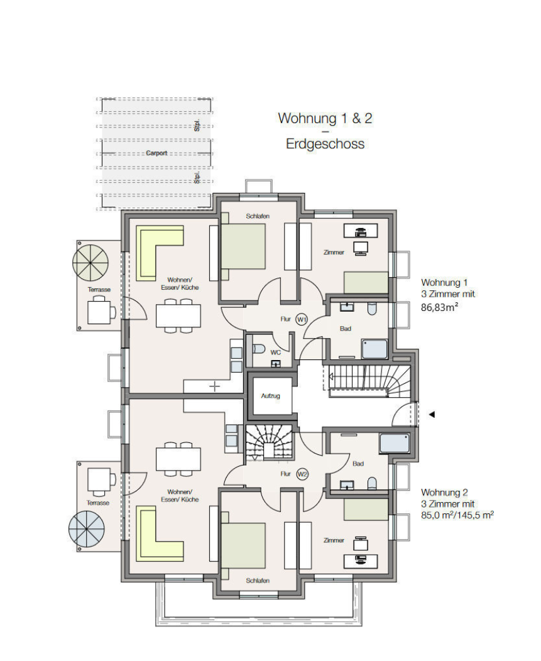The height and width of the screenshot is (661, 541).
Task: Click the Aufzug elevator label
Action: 270,396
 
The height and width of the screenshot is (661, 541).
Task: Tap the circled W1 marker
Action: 302,319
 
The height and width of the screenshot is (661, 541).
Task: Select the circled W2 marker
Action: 302,474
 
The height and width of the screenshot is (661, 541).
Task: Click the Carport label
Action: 156,153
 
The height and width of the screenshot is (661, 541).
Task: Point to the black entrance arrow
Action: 432,415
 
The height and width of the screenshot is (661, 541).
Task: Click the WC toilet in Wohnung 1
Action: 258,349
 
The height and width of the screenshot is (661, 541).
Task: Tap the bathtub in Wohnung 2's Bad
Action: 394,443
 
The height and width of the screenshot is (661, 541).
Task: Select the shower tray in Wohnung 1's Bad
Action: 374,349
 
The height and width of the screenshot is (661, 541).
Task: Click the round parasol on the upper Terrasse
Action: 90,263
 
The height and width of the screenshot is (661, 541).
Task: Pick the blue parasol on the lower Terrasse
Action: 87,528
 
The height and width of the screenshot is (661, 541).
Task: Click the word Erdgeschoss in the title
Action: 325,144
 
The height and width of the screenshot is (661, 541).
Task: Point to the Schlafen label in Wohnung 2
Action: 258,581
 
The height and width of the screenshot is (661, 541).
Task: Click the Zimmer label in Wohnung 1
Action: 334,252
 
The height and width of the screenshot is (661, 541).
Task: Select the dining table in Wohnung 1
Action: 178,315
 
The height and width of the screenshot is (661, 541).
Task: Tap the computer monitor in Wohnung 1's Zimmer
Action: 361,248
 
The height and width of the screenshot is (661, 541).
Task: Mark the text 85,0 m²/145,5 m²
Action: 457,515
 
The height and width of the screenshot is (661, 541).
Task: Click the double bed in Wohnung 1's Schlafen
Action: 243,246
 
